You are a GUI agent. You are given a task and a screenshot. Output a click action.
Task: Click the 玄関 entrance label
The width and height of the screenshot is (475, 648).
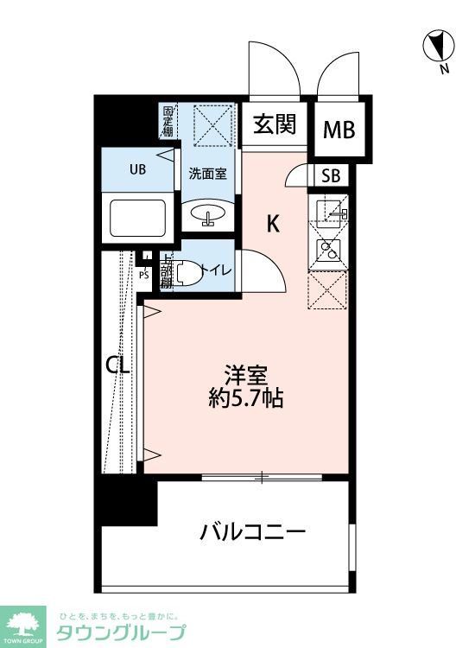click(275, 125)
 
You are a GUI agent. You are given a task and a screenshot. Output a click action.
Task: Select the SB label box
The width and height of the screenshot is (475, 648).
click(332, 176)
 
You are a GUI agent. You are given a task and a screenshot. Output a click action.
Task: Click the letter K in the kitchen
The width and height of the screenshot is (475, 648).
click(272, 225)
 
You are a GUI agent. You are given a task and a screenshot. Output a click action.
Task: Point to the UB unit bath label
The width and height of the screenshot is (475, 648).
click(138, 169)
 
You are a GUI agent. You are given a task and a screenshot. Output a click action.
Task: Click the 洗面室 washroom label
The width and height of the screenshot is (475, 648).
click(208, 173)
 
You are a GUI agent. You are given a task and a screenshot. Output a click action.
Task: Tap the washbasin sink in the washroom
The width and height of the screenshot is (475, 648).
click(208, 213)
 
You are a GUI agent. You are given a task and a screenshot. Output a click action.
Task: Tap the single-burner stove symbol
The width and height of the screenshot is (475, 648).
click(329, 251)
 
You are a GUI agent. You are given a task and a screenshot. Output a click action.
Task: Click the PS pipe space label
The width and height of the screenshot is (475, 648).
click(143, 276)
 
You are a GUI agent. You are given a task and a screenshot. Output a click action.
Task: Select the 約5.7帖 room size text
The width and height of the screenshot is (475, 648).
click(246, 399)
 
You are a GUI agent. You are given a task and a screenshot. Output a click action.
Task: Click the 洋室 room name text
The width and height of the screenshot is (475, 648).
click(246, 376)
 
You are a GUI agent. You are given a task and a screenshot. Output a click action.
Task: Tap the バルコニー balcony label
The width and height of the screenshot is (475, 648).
click(252, 531)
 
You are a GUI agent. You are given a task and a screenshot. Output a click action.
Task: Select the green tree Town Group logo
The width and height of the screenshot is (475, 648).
click(25, 623)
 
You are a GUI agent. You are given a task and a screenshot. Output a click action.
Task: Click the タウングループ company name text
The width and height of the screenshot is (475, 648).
click(121, 632)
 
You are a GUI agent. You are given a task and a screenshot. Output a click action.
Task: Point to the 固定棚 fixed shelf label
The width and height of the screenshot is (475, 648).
click(168, 121)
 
